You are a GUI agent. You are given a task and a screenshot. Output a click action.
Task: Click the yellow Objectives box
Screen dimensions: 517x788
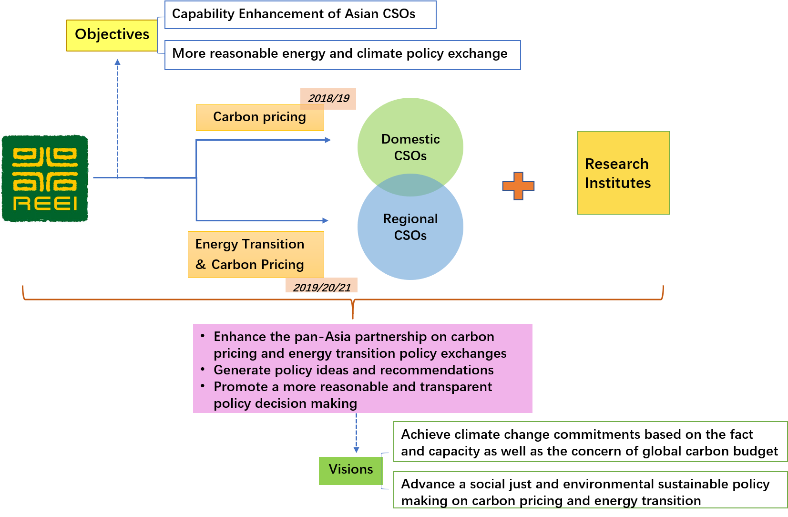[112, 35]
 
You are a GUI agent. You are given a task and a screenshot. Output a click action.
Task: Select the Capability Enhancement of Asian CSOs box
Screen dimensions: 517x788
[300, 15]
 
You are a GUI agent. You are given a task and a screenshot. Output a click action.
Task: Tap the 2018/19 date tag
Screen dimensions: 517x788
[328, 99]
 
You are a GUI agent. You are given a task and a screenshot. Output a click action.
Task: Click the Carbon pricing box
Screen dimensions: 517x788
[259, 118]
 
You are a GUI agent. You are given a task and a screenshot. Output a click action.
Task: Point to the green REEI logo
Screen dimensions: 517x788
[45, 179]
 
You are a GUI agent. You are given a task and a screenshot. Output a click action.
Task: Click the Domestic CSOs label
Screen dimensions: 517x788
[410, 147]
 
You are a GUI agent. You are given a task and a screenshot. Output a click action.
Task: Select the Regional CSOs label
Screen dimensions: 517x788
[410, 227]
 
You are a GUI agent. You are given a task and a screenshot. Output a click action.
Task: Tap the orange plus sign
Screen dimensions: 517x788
[518, 186]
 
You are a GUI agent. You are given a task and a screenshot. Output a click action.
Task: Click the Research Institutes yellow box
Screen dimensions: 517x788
[623, 173]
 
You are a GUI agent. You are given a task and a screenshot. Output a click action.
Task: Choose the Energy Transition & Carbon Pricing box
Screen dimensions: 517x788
[256, 254]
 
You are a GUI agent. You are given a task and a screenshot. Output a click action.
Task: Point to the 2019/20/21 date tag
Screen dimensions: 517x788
[321, 286]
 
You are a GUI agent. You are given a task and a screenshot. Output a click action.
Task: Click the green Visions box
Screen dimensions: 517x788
[350, 470]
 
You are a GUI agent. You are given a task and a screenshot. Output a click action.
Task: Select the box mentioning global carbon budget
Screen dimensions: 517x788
[590, 442]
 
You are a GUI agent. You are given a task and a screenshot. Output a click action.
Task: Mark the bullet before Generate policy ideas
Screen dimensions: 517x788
[203, 370]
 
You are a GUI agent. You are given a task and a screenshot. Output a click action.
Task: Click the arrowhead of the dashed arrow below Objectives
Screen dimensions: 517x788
[117, 62]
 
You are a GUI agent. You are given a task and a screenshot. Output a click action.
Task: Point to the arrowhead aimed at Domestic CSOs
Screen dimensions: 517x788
[328, 140]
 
